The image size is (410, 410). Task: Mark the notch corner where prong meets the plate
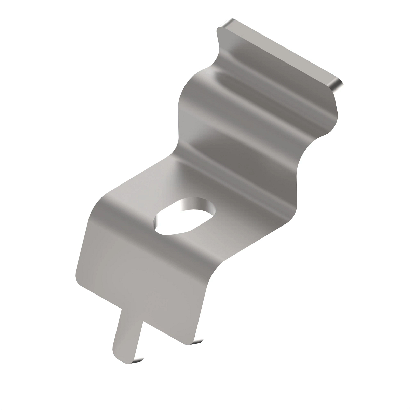pos(142,321)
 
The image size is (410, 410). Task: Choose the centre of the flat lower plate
pos(143,273)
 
